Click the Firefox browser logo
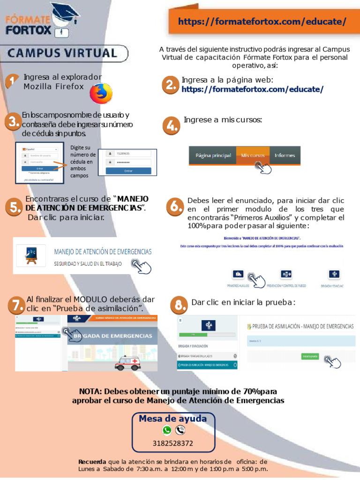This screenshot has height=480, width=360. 101,93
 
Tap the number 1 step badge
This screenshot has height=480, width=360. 11,82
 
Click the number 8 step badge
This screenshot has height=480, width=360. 179,306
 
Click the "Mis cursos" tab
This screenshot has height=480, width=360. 253,155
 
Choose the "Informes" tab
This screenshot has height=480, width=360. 285,155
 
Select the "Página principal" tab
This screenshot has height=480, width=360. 213,155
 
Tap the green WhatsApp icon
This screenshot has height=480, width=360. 167,430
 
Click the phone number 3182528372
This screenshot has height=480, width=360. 173,443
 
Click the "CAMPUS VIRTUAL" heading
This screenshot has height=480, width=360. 62,53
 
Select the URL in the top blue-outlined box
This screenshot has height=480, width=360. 262,22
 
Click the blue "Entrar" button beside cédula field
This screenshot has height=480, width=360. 128,171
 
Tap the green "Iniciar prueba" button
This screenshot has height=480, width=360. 310,357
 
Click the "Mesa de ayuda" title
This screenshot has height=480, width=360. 173,418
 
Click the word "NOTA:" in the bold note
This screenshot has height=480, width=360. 91,391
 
